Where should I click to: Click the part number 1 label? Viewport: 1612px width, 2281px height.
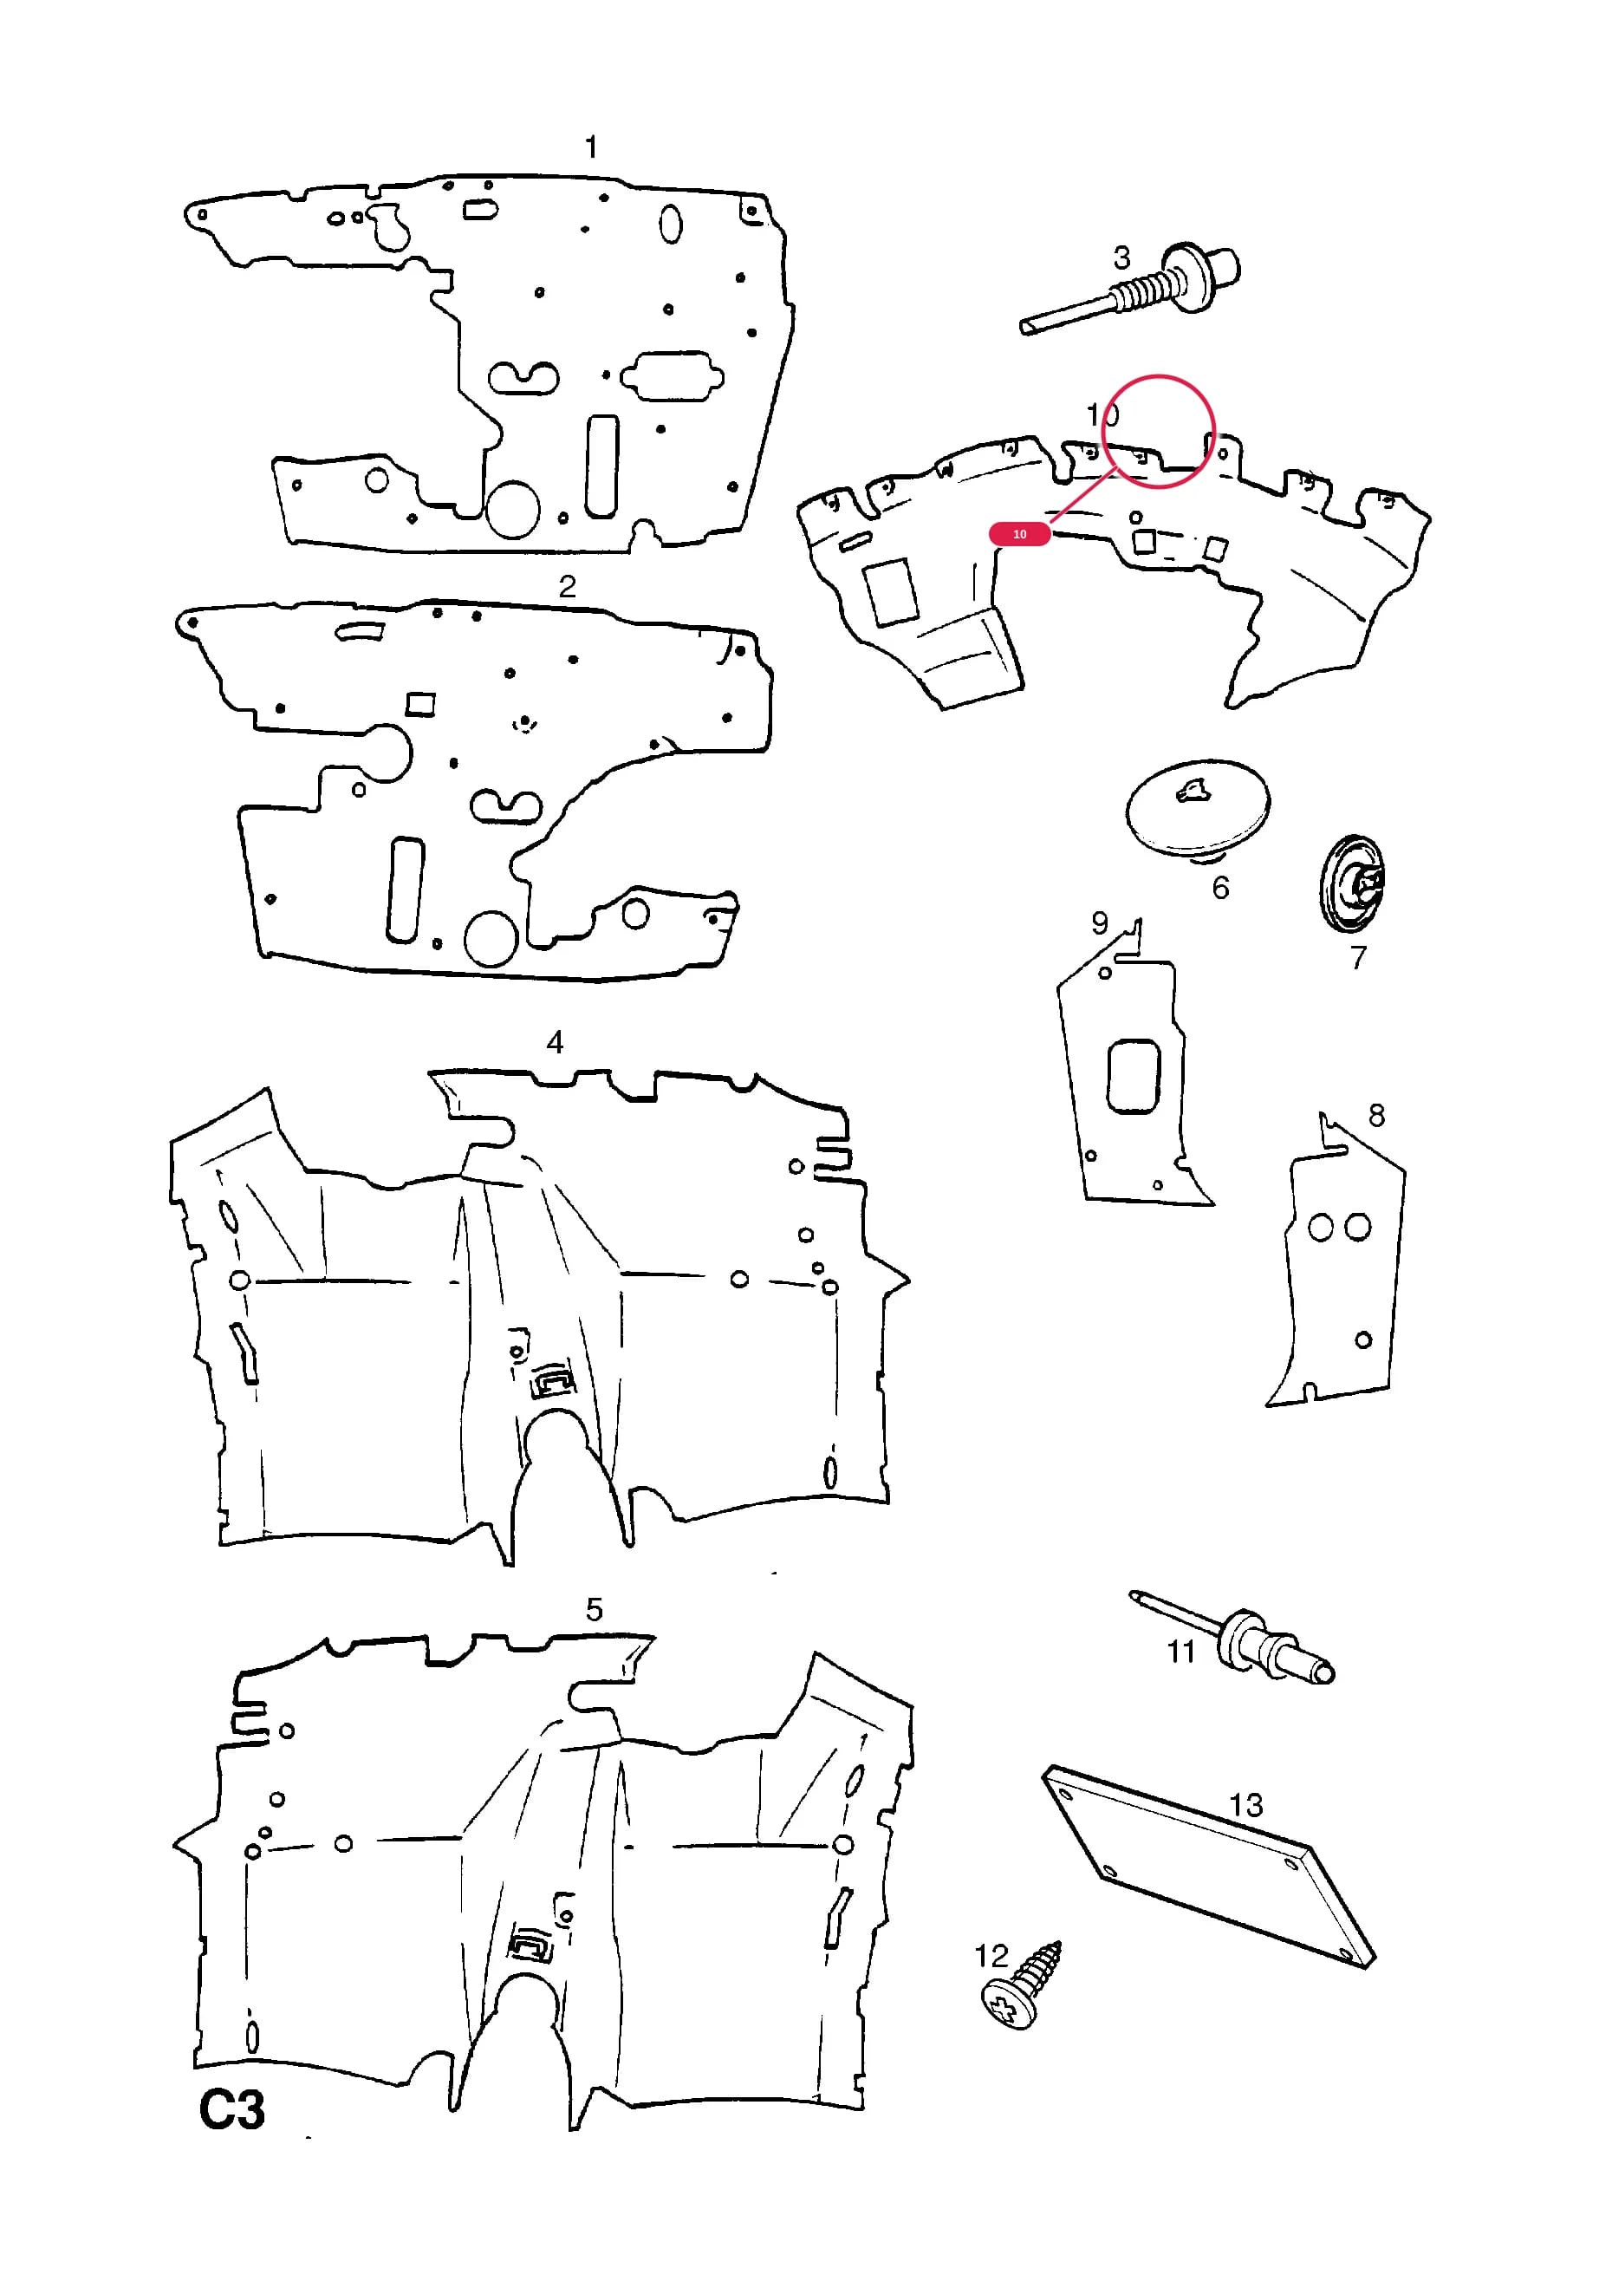592,147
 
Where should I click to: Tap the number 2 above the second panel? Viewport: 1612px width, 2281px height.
567,586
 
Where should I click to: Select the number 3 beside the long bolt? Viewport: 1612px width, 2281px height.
1121,258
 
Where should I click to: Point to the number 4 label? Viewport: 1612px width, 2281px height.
556,1042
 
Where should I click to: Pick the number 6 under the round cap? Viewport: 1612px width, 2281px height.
1220,887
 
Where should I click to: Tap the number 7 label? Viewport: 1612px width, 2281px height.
1358,958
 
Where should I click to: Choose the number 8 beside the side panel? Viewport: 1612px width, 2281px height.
1376,1116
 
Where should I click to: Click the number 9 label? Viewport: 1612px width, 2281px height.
1100,923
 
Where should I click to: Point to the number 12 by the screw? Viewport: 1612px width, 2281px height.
991,1955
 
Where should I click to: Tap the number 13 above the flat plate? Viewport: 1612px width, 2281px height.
1245,1805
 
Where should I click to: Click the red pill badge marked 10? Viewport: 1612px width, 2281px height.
1020,534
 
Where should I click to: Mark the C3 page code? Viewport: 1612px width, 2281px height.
232,2110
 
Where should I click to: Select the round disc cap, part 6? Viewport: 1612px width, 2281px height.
1198,805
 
